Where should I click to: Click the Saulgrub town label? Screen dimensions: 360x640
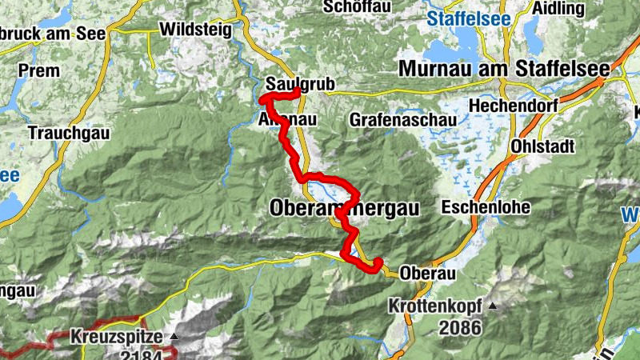click(289, 83)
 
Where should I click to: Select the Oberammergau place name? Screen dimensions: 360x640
click(345, 208)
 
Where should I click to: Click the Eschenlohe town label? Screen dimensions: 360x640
click(486, 208)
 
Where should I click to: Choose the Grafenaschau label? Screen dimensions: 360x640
click(403, 120)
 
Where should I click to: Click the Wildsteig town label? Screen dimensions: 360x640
click(196, 30)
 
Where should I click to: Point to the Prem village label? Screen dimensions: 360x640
click(38, 70)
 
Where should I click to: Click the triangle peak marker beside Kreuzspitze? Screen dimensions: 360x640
click(174, 336)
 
